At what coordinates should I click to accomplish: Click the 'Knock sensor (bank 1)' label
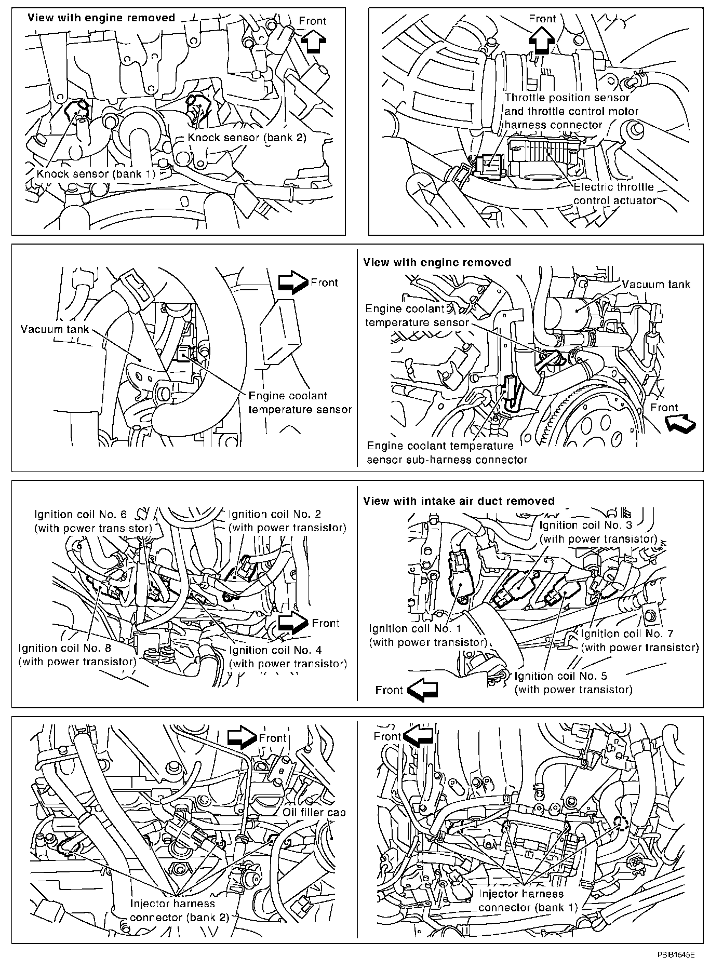click(96, 173)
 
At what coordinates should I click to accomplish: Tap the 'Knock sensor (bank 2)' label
click(247, 138)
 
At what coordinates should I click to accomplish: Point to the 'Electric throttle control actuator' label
click(614, 194)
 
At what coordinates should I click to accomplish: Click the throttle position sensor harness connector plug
click(490, 166)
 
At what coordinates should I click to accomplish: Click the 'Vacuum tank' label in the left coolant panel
click(55, 329)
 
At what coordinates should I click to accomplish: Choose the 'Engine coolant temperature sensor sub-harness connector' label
click(447, 453)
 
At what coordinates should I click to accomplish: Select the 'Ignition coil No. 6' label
click(93, 521)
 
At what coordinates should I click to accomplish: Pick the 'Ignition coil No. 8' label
click(77, 655)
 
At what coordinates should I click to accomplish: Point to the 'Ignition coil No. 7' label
click(639, 640)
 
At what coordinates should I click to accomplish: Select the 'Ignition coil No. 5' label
click(573, 682)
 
